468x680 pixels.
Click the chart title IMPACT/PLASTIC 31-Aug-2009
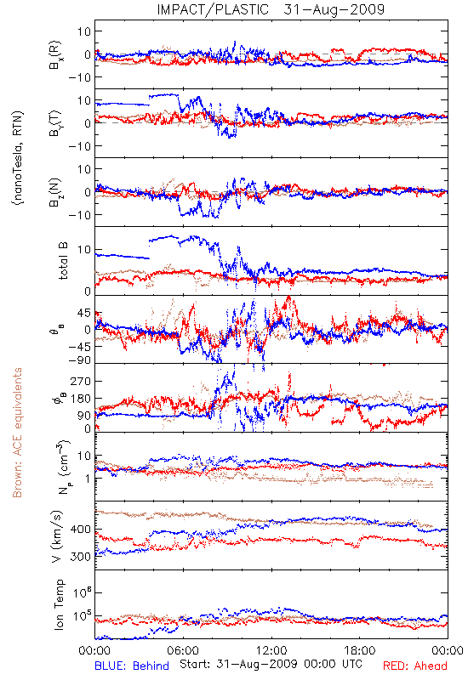[x=271, y=9]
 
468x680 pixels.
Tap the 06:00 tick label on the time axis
[x=183, y=650]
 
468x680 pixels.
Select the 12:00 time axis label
[x=271, y=650]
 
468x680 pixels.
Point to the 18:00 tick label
[x=360, y=650]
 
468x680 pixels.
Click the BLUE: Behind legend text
[x=132, y=666]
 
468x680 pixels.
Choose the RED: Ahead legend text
[x=414, y=666]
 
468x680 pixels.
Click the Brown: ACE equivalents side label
[x=17, y=433]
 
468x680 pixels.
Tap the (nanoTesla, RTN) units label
[x=18, y=157]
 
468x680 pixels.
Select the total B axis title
[x=63, y=261]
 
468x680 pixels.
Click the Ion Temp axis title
[x=59, y=604]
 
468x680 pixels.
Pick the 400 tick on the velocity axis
[x=80, y=529]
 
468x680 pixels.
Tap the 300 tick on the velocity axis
[x=80, y=557]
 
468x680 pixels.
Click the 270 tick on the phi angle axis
[x=80, y=381]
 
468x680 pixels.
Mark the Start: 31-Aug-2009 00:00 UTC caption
[x=271, y=664]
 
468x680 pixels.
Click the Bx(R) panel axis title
[x=55, y=55]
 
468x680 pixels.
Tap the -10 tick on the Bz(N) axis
[x=79, y=215]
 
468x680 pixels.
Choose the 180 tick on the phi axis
[x=80, y=399]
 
